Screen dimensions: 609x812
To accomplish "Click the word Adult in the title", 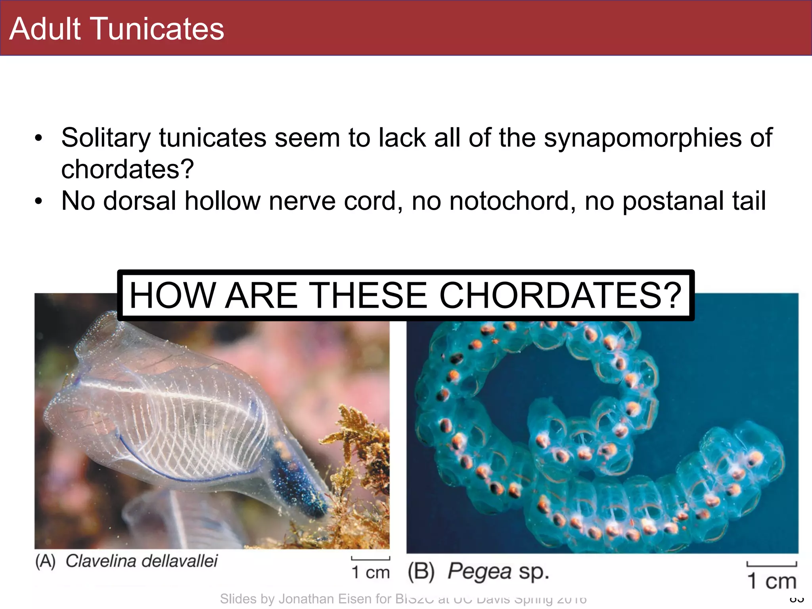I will (45, 29).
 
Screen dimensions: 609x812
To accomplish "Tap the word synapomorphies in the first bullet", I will (643, 138).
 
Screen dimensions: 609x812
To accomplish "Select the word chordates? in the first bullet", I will (127, 169).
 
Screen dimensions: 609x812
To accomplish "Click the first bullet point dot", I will (38, 138).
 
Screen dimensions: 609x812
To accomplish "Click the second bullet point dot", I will (38, 201).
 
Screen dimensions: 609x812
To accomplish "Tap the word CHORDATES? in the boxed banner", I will (560, 295).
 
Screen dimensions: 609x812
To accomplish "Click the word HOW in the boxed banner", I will (171, 295).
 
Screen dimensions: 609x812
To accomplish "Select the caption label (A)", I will (45, 561).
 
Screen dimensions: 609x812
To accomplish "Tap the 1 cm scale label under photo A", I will (371, 573).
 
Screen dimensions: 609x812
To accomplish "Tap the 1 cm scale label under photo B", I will (771, 581).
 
